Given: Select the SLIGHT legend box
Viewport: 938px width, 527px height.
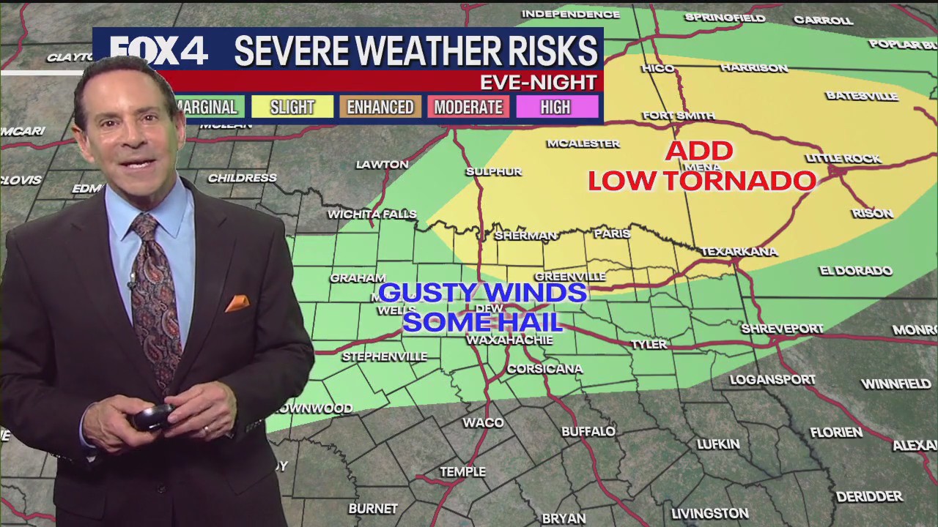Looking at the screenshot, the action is click(292, 107).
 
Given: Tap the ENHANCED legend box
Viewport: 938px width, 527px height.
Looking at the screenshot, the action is click(380, 107).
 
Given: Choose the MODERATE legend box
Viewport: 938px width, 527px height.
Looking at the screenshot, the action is click(468, 107).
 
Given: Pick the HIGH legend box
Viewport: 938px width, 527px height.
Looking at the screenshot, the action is click(555, 107).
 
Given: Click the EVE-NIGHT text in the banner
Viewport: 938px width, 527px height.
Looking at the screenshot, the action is click(538, 82).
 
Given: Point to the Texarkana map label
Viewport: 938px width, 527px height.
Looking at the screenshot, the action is click(739, 252).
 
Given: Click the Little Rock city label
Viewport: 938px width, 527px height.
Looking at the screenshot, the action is click(843, 159).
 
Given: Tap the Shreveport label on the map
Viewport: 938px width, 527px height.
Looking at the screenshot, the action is click(782, 329).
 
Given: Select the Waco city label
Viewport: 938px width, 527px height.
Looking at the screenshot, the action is click(483, 422).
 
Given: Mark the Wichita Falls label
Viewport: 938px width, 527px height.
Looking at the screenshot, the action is click(372, 214).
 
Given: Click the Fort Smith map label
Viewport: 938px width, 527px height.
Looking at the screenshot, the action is click(679, 115).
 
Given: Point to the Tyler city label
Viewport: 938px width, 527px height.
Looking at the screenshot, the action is click(649, 344).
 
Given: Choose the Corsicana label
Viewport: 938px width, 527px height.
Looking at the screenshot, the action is click(544, 369).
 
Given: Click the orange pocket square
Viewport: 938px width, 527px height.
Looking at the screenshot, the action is click(237, 303).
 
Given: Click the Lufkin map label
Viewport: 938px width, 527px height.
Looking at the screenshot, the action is click(718, 444).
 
